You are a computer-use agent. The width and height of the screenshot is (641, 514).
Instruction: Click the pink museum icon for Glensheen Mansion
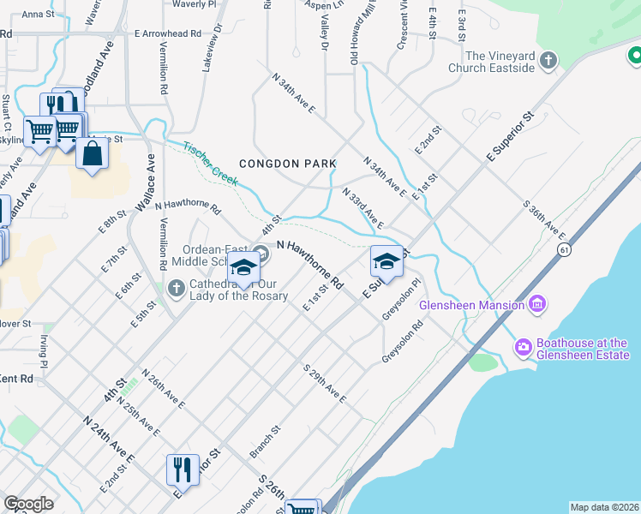pos(537,304)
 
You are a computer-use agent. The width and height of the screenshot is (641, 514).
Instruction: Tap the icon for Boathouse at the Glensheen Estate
pos(523,347)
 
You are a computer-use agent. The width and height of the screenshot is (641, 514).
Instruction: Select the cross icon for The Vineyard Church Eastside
pos(548,61)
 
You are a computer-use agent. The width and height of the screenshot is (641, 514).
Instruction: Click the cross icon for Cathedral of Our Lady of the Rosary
pos(176,289)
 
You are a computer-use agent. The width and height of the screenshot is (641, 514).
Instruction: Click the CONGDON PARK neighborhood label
pos(281,164)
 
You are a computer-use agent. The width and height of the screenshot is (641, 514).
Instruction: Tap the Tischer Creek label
pos(210,162)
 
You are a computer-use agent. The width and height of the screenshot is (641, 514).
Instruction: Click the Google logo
pos(29,504)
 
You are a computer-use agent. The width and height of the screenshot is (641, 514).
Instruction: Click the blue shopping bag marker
pos(92,155)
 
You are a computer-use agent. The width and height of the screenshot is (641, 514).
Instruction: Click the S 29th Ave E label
pos(324,383)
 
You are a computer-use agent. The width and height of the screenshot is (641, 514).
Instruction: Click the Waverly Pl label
pos(193,4)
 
